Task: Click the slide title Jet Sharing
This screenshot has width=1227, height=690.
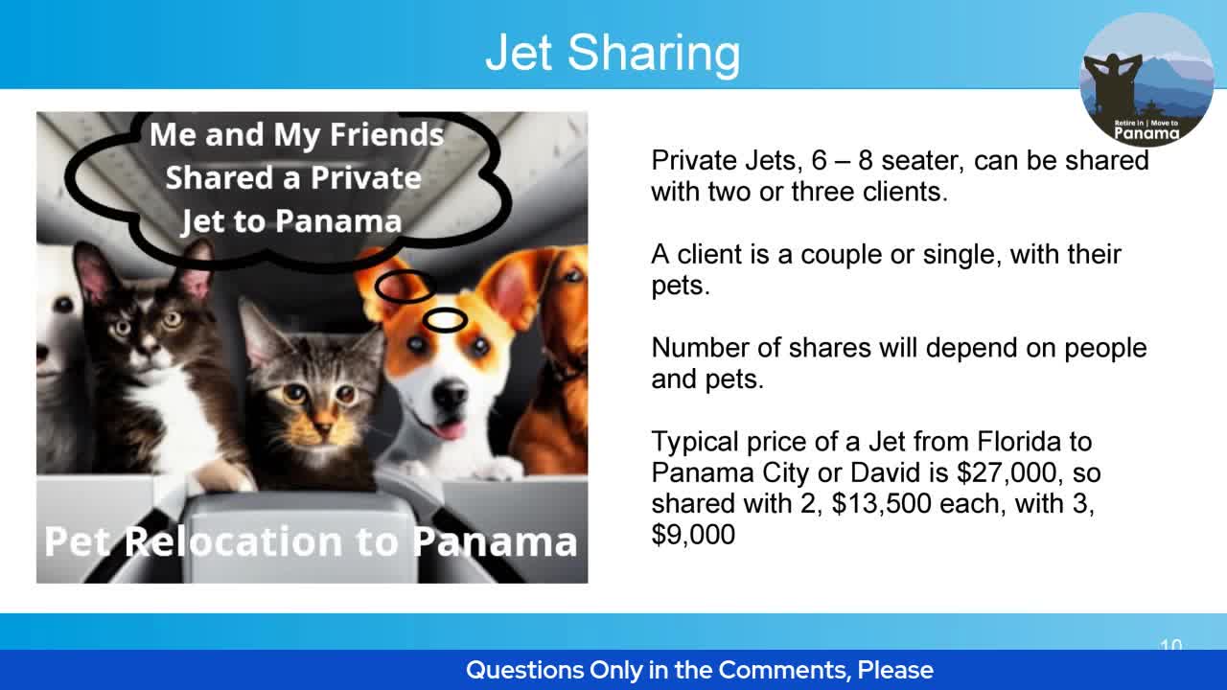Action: point(613,52)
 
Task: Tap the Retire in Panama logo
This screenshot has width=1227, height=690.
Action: point(1146,80)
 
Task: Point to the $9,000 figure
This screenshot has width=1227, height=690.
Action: point(693,534)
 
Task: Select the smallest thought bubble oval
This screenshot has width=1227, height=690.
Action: point(445,320)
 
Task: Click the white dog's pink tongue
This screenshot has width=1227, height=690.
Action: point(447,428)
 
